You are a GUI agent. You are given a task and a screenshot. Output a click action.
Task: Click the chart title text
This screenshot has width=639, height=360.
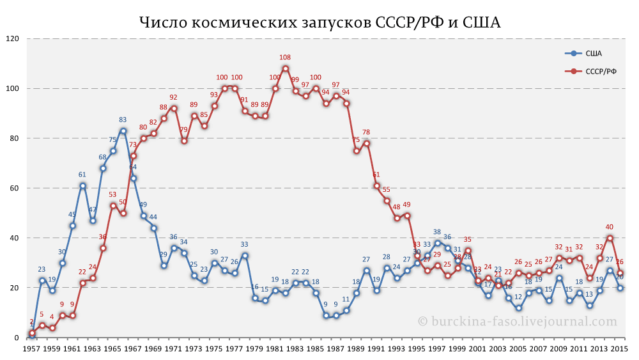[319, 22]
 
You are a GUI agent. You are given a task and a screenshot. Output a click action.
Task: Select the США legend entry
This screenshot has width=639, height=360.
[594, 53]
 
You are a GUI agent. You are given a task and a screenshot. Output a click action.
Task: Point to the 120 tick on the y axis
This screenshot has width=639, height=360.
[13, 38]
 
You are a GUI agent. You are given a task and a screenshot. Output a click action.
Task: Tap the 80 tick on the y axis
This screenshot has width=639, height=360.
[15, 138]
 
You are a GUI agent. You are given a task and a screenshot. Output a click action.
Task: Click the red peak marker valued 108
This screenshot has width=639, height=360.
[286, 68]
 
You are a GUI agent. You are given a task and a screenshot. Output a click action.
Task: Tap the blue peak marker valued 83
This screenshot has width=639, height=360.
[123, 130]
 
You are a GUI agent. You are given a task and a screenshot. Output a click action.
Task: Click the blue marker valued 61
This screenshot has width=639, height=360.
[82, 185]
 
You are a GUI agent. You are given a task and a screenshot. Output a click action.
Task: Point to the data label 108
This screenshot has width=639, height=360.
[286, 58]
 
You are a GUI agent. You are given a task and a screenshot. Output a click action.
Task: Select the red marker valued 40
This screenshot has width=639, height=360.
[610, 238]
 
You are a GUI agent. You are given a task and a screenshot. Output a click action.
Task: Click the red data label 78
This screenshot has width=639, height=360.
[366, 132]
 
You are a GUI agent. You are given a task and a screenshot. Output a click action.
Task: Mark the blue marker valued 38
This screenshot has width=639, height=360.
[437, 243]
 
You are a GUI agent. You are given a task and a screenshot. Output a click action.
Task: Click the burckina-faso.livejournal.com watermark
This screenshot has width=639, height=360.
[518, 322]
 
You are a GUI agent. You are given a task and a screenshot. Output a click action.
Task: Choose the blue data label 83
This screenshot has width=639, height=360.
[123, 120]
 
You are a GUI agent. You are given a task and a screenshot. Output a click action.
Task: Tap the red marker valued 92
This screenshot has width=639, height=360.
[174, 108]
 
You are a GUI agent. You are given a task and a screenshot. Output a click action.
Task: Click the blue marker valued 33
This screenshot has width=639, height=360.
[245, 255]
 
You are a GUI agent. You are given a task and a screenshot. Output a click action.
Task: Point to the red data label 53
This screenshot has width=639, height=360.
[112, 194]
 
